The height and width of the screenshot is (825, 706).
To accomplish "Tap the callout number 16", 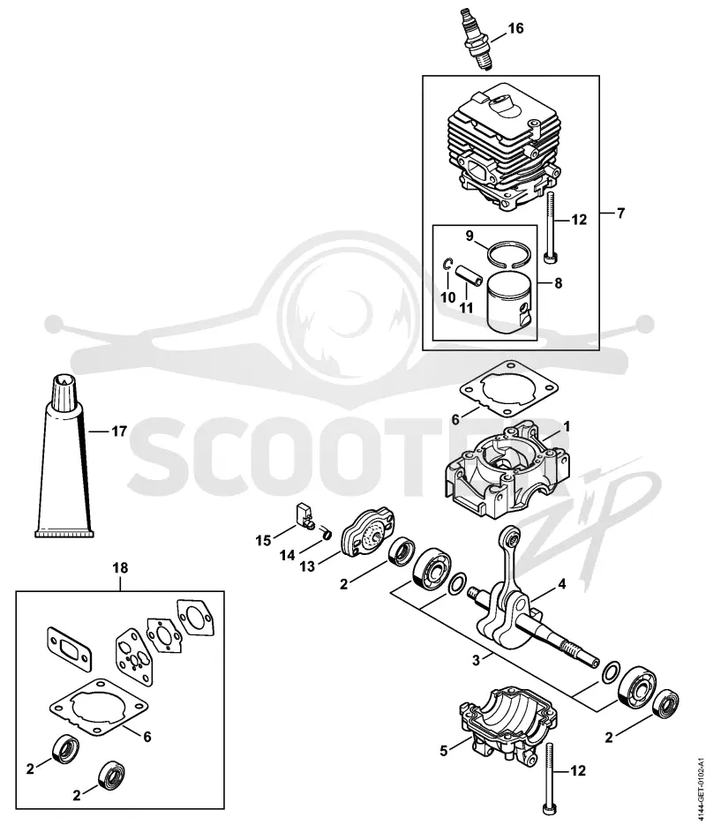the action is (515, 28).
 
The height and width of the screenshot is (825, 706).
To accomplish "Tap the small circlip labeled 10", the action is (447, 264).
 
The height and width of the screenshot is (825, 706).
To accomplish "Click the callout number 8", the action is (558, 283).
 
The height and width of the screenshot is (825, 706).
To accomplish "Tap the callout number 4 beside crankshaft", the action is (562, 583).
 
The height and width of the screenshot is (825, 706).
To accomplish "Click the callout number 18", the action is (120, 568).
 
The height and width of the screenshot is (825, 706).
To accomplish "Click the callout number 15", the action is (263, 540).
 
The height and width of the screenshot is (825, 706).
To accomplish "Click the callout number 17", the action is (119, 431).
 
